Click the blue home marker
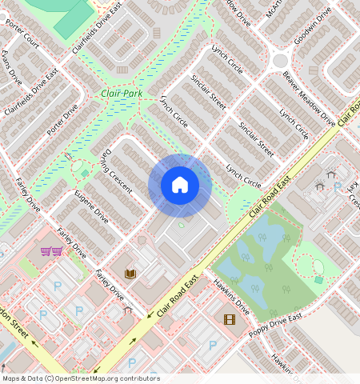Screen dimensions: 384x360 click(x=180, y=185)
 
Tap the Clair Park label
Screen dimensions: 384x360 click(x=122, y=94)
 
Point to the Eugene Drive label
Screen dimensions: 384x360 click(x=91, y=206)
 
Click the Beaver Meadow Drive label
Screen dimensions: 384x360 click(x=309, y=99)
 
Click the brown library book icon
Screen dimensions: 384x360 click(x=130, y=274)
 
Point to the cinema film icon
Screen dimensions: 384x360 click(x=230, y=319)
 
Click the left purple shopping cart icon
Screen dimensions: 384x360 click(x=46, y=251)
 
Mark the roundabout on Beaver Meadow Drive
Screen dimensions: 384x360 click(x=280, y=61)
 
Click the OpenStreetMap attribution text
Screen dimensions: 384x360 click(x=80, y=378)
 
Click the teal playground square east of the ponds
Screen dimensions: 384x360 click(x=318, y=280)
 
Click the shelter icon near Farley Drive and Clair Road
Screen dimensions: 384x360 click(x=127, y=309)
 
